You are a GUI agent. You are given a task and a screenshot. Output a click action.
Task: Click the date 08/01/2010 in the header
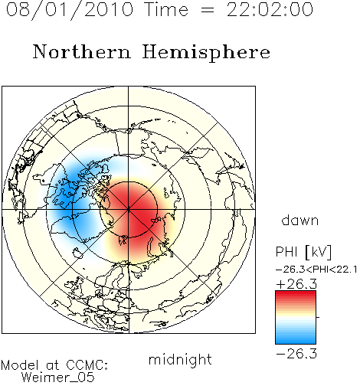(70, 10)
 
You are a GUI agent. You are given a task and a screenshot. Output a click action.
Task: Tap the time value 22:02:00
(270, 10)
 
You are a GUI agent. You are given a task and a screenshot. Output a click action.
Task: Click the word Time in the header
(166, 10)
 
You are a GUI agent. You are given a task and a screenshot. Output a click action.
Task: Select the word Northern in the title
(82, 51)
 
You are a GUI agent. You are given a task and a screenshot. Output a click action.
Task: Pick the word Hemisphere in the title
(206, 53)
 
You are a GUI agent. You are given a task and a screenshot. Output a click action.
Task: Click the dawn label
(300, 220)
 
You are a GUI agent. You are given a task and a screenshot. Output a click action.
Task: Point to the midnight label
(180, 359)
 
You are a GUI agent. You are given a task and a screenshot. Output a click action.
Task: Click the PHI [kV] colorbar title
(303, 252)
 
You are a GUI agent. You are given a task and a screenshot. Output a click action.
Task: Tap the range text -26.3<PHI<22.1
(316, 270)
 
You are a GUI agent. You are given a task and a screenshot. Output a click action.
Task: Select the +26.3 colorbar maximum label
(296, 284)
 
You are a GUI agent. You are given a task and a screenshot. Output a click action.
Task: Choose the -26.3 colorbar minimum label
(296, 354)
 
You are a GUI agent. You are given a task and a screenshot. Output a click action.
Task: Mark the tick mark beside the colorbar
(318, 317)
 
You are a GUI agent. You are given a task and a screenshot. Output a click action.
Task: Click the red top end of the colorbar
(296, 293)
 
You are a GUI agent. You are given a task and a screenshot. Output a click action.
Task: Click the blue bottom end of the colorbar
(296, 341)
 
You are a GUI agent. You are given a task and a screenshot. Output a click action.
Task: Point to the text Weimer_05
(58, 377)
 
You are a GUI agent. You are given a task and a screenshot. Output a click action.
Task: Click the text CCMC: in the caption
(87, 365)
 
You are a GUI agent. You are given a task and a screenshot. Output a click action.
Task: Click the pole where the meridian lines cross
(129, 209)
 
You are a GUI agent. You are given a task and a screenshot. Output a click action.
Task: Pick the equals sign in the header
(208, 10)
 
